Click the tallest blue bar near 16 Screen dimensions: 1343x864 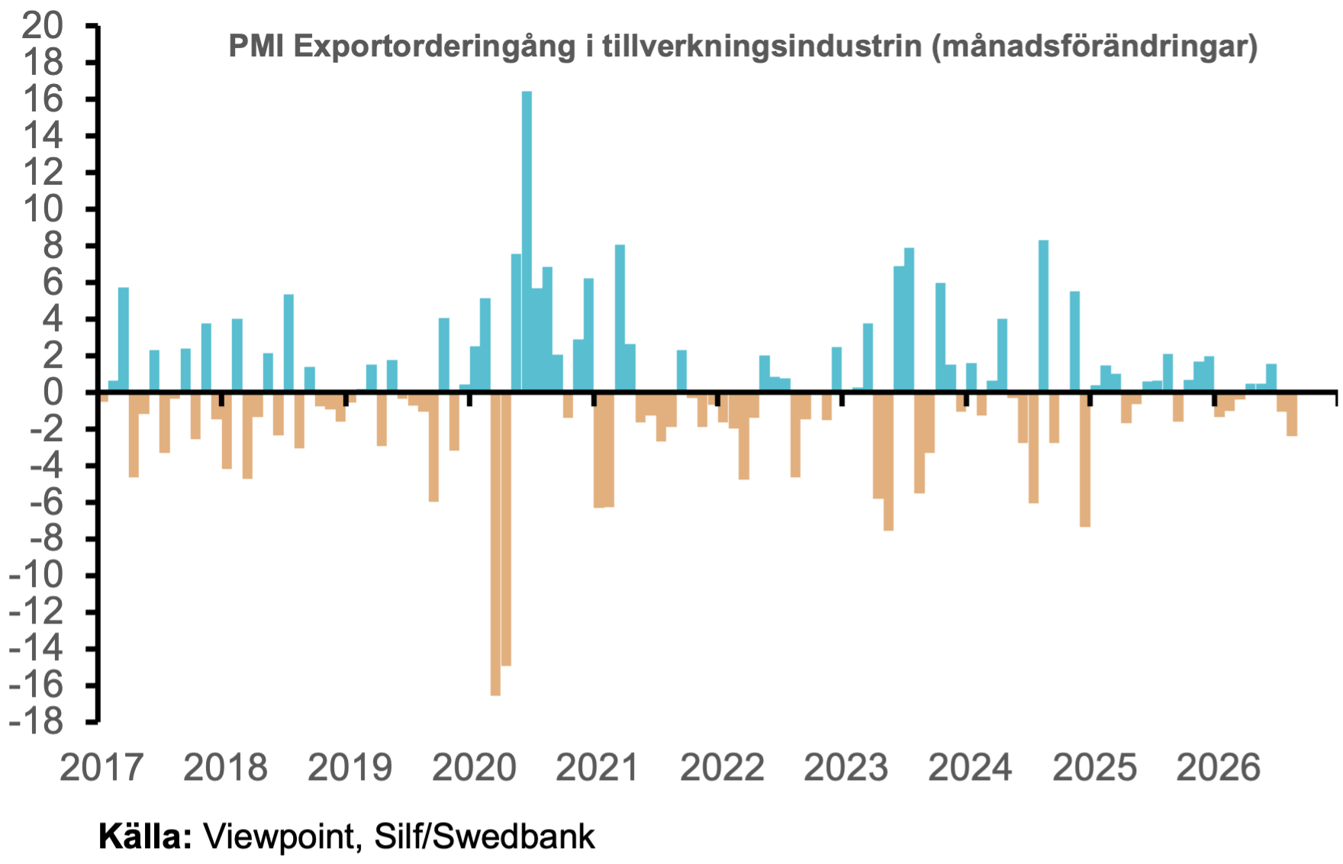coord(527,241)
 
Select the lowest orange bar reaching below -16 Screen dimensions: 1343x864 coord(495,543)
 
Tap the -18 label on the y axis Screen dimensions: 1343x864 coord(37,721)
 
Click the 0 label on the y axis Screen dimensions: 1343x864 coord(53,392)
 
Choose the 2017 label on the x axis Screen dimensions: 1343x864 coord(101,767)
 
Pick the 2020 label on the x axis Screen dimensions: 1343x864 coord(474,767)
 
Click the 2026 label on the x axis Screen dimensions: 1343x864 coord(1219,767)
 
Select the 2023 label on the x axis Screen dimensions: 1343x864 coord(846,767)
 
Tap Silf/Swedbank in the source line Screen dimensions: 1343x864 coord(485,837)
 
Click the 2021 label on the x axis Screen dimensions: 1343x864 coord(597,767)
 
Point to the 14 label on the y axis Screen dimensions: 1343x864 coord(43,136)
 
